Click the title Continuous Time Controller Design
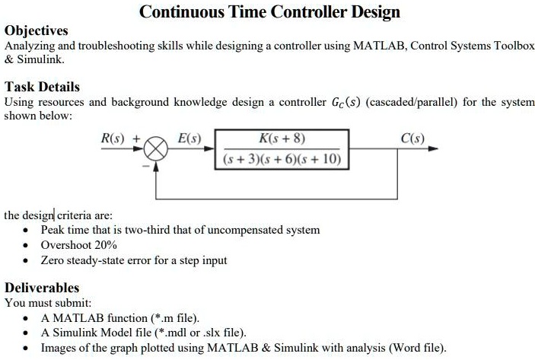[x=269, y=12]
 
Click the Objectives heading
[x=37, y=30]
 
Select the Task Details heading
[x=42, y=87]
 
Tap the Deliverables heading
[x=42, y=288]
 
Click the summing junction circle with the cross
[x=155, y=148]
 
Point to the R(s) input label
[x=113, y=139]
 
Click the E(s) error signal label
[x=189, y=139]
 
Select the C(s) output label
[x=412, y=139]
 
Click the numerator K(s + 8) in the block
[x=282, y=139]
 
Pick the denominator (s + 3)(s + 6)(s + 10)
[x=282, y=159]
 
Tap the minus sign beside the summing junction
[x=146, y=166]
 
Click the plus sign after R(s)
[x=136, y=139]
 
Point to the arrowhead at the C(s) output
[x=433, y=148]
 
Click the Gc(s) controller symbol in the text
[x=346, y=103]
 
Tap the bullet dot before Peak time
[x=26, y=231]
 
